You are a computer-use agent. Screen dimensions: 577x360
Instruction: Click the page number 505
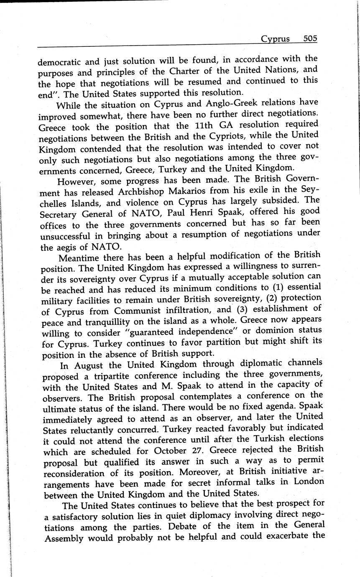tap(310, 39)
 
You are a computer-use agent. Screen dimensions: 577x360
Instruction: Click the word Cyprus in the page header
tap(275, 39)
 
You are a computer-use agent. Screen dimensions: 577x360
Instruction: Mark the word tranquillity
tap(105, 322)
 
